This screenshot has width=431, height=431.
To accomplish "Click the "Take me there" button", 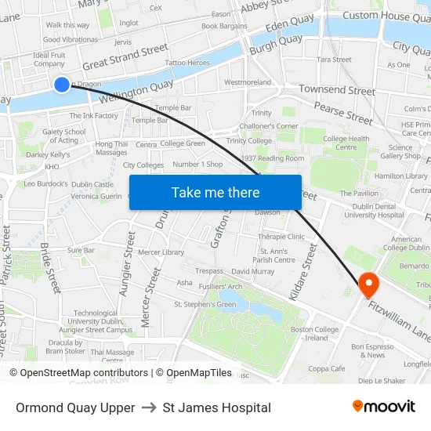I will pyautogui.click(x=215, y=193).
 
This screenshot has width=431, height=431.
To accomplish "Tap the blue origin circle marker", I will pyautogui.click(x=62, y=84).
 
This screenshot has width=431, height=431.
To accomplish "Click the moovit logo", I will pyautogui.click(x=384, y=407).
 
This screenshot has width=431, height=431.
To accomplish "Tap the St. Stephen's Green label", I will pyautogui.click(x=205, y=304).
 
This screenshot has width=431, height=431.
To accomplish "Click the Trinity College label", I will pyautogui.click(x=248, y=141).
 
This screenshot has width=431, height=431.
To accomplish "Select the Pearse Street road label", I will pyautogui.click(x=343, y=114).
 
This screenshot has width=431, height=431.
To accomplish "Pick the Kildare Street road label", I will pyautogui.click(x=302, y=271).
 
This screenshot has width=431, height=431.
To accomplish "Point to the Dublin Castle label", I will pyautogui.click(x=92, y=184).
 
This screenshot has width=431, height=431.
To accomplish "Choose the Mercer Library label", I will pyautogui.click(x=161, y=252).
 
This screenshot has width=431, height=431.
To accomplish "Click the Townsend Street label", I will pyautogui.click(x=336, y=90).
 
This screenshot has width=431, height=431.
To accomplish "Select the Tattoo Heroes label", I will pyautogui.click(x=187, y=62).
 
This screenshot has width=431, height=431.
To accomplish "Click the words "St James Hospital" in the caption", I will pyautogui.click(x=217, y=407).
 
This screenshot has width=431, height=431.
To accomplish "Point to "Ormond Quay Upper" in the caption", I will pyautogui.click(x=74, y=407).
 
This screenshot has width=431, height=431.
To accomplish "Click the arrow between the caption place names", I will pyautogui.click(x=149, y=407).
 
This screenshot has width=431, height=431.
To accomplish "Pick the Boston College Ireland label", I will pyautogui.click(x=314, y=334).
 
